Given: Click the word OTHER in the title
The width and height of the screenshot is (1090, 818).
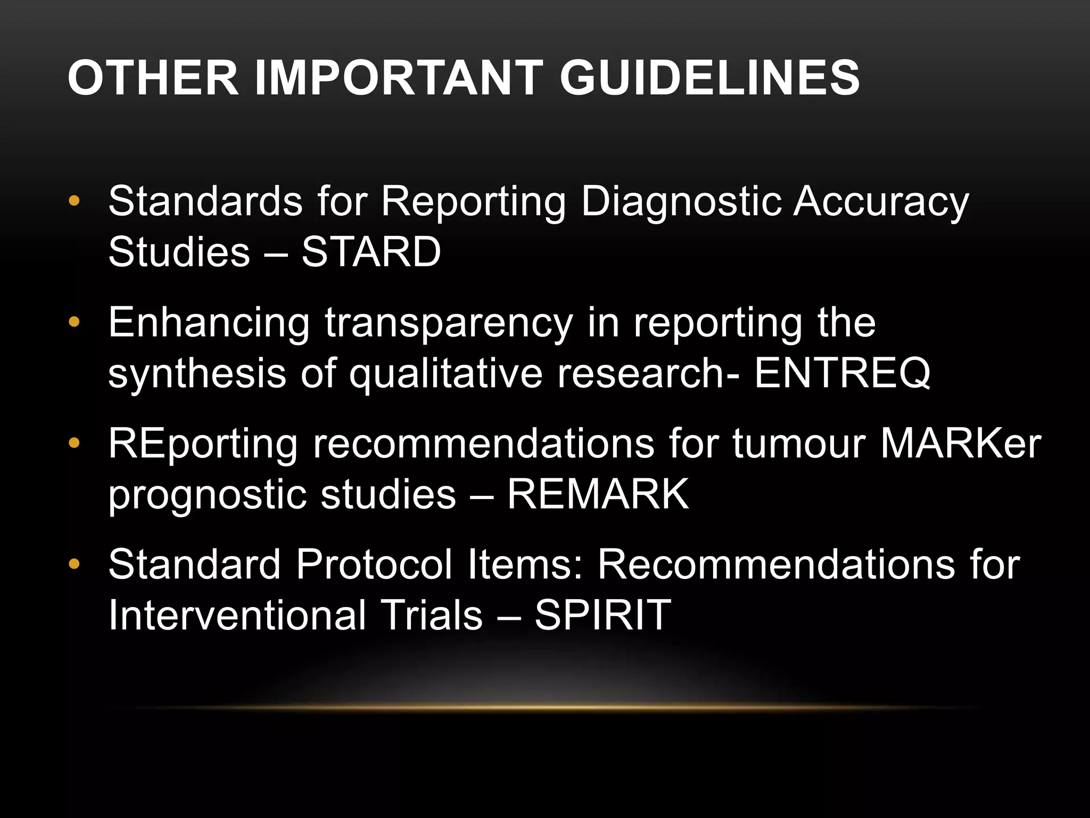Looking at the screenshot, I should pos(153,78).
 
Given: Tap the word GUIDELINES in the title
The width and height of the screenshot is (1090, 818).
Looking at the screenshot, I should pos(709,78).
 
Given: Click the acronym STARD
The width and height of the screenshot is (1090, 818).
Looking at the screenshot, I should pos(371,252).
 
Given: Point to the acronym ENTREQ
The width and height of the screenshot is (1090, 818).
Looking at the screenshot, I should pos(843,373).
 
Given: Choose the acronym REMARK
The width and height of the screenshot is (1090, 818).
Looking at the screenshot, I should pos(598,494).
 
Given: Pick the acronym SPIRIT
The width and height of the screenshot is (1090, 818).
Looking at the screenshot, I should pos(602,615).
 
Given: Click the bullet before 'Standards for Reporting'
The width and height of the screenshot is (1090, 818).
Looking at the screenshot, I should pos(74,201).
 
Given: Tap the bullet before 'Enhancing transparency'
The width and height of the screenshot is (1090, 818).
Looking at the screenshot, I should pos(74,322).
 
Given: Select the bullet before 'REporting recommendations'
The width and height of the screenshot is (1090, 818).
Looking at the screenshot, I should pos(74,443).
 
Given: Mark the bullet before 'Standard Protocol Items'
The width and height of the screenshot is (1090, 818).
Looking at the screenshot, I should pos(74,564).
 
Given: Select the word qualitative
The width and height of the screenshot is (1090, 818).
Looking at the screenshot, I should pos(446,374).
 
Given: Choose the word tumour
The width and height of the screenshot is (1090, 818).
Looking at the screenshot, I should pos(799,443).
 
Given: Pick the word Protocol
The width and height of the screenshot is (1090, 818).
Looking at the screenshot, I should pos(374,564).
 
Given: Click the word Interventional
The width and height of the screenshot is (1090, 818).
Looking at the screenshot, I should pos(237,615).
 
